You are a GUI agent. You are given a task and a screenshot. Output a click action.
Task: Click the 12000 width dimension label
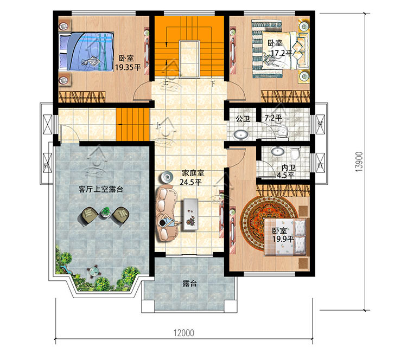184,333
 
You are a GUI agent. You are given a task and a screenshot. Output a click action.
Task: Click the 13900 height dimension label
359,162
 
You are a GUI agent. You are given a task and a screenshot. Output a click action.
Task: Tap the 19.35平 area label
128,68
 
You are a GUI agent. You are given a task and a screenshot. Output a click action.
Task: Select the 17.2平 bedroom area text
282,53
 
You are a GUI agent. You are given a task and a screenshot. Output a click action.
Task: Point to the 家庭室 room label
193,173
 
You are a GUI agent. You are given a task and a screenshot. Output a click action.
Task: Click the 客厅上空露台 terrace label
101,189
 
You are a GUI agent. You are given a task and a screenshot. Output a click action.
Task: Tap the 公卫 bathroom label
243,119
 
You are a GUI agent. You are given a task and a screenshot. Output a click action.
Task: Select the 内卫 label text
288,168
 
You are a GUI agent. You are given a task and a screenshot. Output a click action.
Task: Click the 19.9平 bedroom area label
283,239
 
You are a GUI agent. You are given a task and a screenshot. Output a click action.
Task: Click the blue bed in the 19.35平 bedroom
86,51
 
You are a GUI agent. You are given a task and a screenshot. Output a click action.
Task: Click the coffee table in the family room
191,215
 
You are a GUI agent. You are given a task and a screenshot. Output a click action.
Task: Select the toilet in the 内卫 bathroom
295,153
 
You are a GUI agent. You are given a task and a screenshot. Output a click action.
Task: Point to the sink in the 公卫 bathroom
240,135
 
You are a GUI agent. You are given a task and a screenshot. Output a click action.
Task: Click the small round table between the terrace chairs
105,213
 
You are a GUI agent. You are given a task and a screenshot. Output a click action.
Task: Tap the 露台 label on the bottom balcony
189,284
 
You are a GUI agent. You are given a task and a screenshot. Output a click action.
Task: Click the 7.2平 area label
273,118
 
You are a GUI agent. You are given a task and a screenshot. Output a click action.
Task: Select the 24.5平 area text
191,182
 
